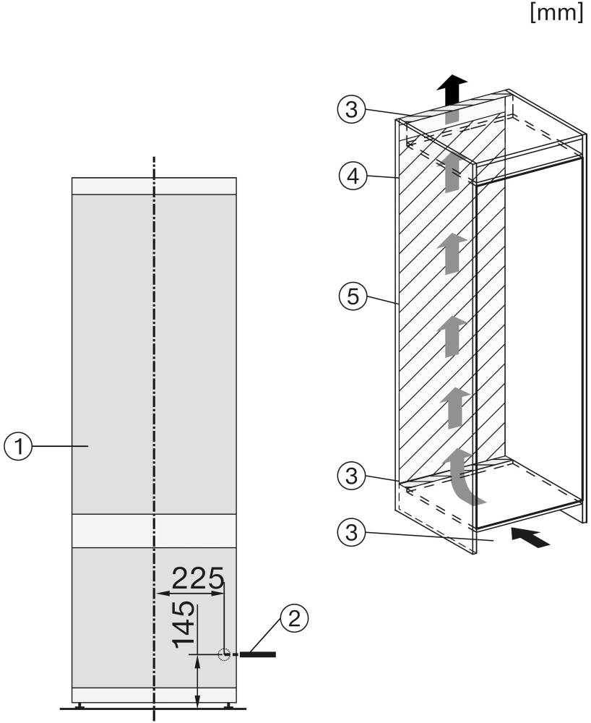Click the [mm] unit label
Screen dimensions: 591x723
point(556,12)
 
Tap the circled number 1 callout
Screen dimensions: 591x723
point(18,446)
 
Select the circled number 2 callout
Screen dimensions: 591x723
point(294,618)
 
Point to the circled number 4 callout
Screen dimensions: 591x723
point(353,176)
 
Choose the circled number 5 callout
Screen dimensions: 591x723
point(353,296)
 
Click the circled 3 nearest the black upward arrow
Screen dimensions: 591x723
point(351,110)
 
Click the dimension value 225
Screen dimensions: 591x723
point(198,578)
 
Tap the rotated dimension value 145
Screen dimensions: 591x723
point(184,625)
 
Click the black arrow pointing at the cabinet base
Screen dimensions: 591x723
point(530,538)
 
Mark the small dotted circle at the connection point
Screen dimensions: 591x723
point(224,654)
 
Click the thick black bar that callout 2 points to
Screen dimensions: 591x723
point(257,654)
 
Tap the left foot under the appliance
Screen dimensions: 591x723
point(80,705)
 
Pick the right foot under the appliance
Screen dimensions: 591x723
point(228,705)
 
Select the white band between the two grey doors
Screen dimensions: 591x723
point(154,531)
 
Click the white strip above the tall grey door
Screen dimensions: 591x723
point(154,186)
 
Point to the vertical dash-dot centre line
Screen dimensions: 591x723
point(154,438)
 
